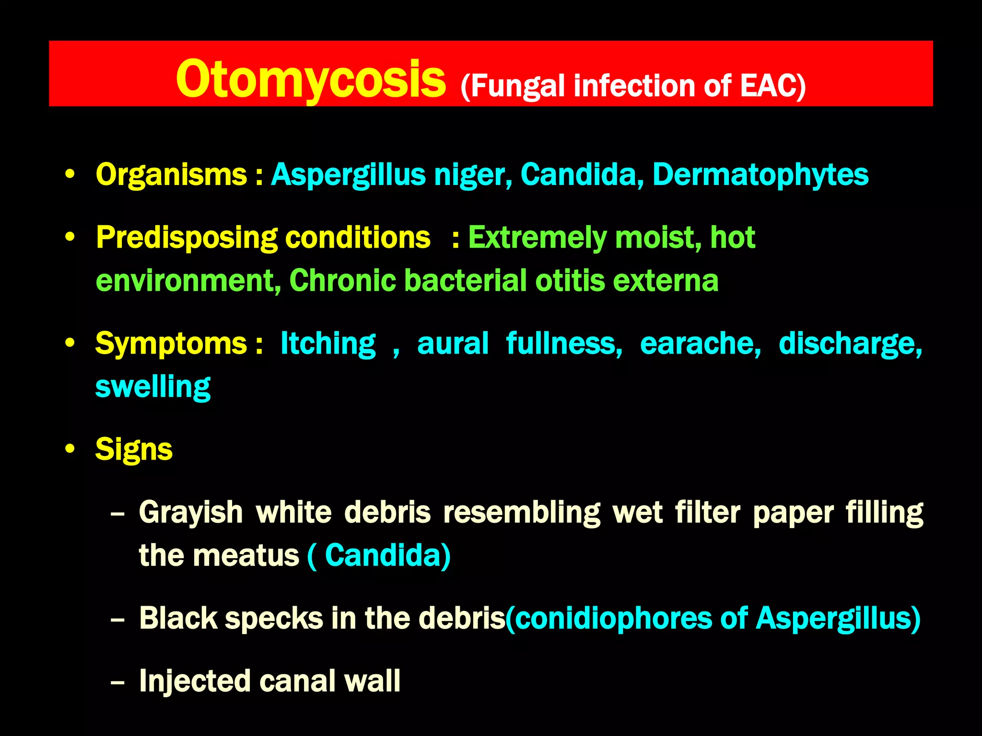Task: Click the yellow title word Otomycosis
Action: (311, 79)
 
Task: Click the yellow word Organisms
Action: (171, 174)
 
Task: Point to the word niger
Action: (473, 175)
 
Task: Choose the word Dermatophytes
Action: (760, 175)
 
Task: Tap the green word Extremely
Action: (537, 239)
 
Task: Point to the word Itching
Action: (328, 344)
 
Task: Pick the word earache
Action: (700, 344)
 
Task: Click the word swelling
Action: (152, 387)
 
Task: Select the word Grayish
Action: (191, 513)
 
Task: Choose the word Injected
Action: (194, 681)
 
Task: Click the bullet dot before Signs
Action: (70, 449)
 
